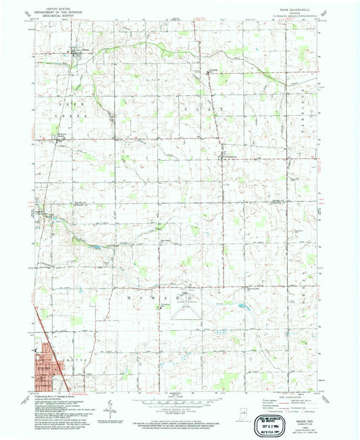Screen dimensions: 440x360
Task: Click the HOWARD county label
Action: point(163,296)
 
